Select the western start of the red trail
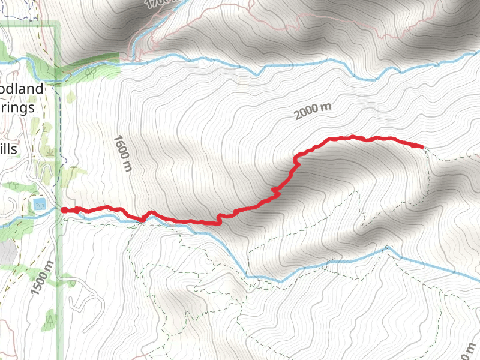64,210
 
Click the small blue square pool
40,204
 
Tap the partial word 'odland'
22,89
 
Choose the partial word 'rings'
18,109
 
